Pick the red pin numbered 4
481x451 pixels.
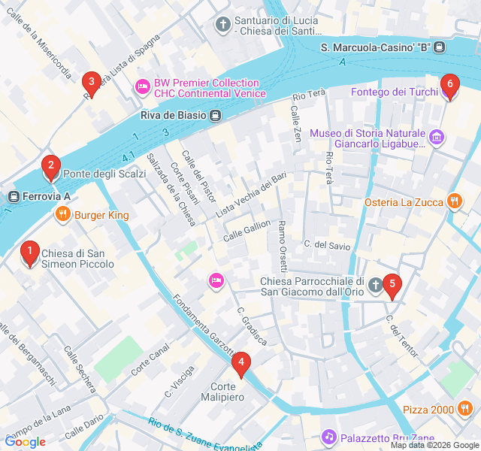pyautogui.click(x=240, y=365)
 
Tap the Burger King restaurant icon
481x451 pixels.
pyautogui.click(x=62, y=215)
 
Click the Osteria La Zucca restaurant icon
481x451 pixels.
pyautogui.click(x=454, y=201)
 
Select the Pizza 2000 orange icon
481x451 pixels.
pyautogui.click(x=465, y=409)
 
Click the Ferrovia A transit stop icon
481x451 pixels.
pyautogui.click(x=13, y=197)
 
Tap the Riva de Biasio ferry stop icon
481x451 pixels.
pyautogui.click(x=216, y=116)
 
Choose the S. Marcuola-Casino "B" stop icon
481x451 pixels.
pyautogui.click(x=440, y=47)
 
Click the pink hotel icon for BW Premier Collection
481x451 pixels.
pyautogui.click(x=142, y=88)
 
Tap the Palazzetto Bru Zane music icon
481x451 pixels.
pyautogui.click(x=328, y=437)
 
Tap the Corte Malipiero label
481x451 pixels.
pyautogui.click(x=222, y=391)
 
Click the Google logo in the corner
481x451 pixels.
pyautogui.click(x=25, y=442)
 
